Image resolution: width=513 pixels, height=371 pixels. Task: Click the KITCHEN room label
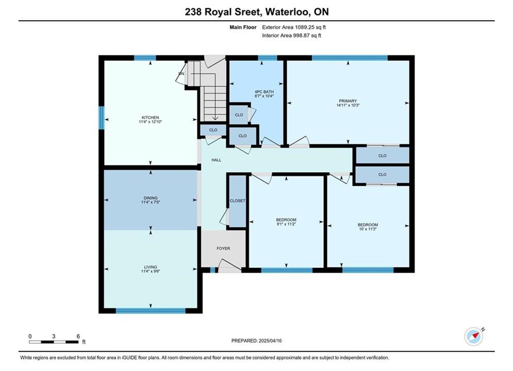point(150,117)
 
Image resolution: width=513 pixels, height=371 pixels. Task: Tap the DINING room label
point(151,198)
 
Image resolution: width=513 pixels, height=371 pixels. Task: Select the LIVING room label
point(151,267)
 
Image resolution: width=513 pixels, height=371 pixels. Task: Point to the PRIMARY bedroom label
point(348,101)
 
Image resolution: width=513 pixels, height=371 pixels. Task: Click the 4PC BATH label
point(264,92)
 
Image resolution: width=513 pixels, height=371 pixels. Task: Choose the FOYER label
point(223,248)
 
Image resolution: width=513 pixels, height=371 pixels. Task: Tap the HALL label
point(216,160)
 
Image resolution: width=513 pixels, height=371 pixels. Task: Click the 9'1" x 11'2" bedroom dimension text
point(286,224)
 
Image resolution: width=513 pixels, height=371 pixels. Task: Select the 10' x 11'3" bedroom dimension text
point(368,229)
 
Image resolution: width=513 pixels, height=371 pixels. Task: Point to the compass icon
point(474,336)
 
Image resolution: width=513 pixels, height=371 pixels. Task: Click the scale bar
point(54,342)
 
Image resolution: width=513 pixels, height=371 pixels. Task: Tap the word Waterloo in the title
point(287,12)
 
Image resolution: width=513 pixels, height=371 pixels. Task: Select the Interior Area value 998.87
point(302,36)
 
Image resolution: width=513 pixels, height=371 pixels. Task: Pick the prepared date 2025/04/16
point(270,341)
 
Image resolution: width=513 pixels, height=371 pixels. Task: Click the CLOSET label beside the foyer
point(238,200)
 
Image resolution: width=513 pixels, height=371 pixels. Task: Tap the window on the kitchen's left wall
point(102,117)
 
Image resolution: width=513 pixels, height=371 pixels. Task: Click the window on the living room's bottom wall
point(151,311)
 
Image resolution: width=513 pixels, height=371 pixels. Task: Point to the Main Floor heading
point(243,27)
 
